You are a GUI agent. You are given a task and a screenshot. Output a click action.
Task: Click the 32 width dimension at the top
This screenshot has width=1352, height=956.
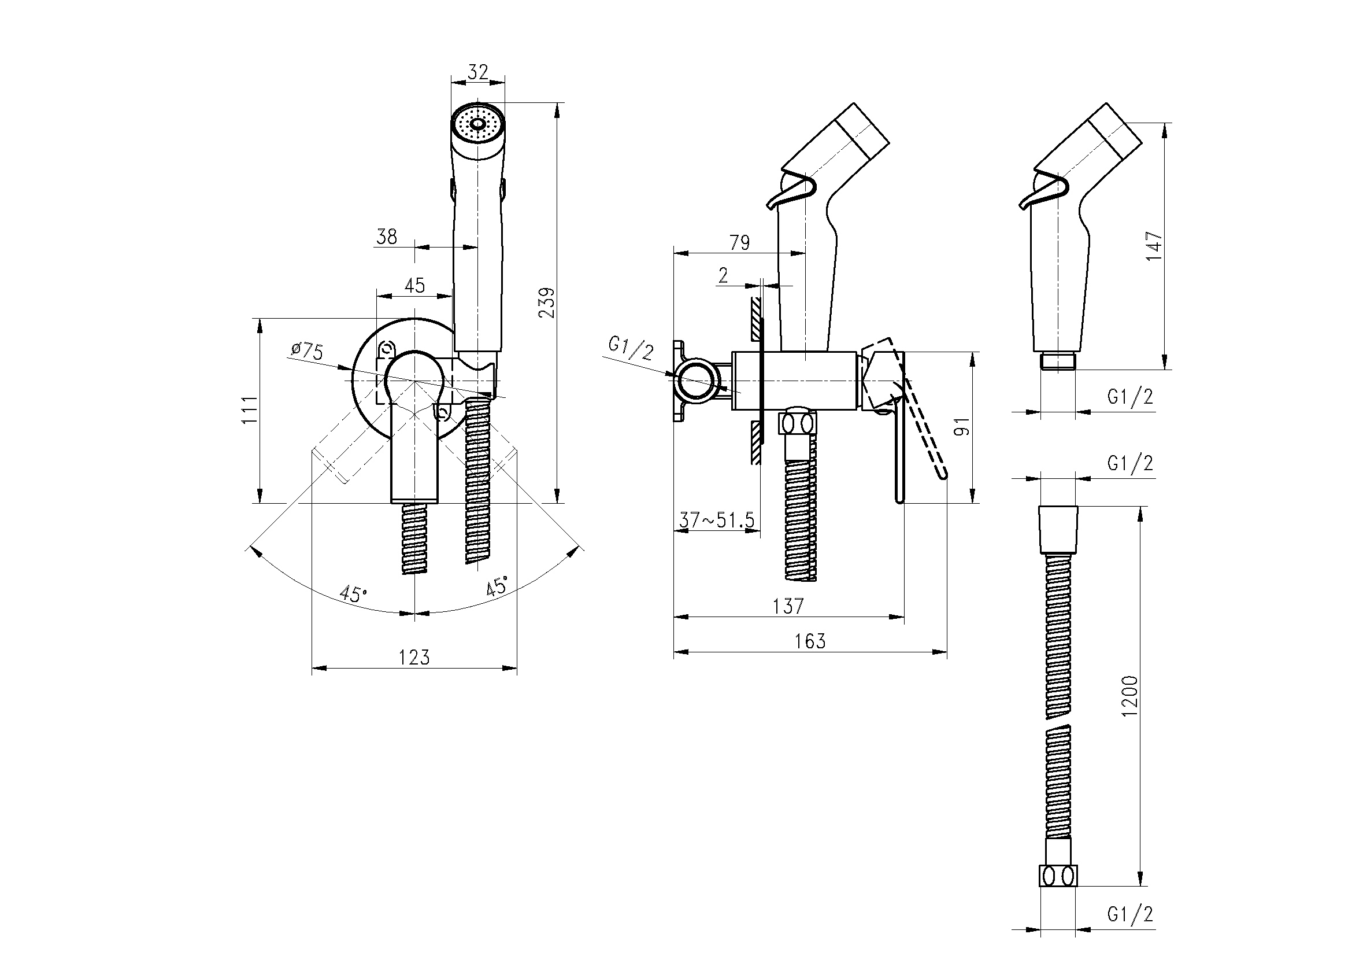click(x=478, y=72)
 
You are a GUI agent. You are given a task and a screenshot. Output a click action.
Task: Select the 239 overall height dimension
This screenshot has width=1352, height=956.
click(x=547, y=303)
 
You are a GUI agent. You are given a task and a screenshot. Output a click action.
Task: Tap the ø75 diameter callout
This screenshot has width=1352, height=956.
click(x=307, y=352)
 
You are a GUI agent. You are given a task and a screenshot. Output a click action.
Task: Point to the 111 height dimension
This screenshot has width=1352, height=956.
click(x=250, y=409)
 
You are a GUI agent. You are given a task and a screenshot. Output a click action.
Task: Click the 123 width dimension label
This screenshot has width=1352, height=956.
click(x=414, y=657)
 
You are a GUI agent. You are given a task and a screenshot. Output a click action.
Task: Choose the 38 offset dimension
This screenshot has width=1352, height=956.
click(x=387, y=236)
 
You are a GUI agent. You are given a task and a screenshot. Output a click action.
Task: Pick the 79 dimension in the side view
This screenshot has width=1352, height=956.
click(x=740, y=242)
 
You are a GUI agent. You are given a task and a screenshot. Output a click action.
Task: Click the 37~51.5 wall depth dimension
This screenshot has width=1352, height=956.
click(x=716, y=520)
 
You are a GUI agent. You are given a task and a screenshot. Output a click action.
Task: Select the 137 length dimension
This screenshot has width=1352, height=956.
click(x=788, y=606)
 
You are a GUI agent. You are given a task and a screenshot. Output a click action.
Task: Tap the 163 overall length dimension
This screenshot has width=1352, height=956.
click(x=810, y=641)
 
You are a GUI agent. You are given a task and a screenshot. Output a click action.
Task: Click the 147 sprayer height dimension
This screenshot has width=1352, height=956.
click(x=1155, y=247)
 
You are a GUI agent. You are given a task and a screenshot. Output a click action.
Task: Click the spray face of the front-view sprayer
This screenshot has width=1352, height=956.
click(x=477, y=124)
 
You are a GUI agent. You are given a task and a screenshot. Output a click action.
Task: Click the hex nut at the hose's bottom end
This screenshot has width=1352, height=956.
click(x=1058, y=892)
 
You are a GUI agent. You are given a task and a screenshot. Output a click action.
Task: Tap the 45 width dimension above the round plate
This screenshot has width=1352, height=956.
click(x=414, y=285)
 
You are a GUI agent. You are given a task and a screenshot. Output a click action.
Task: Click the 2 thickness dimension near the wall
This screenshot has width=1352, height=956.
click(x=723, y=275)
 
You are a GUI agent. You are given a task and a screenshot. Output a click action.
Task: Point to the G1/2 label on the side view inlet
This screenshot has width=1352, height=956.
click(x=631, y=348)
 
